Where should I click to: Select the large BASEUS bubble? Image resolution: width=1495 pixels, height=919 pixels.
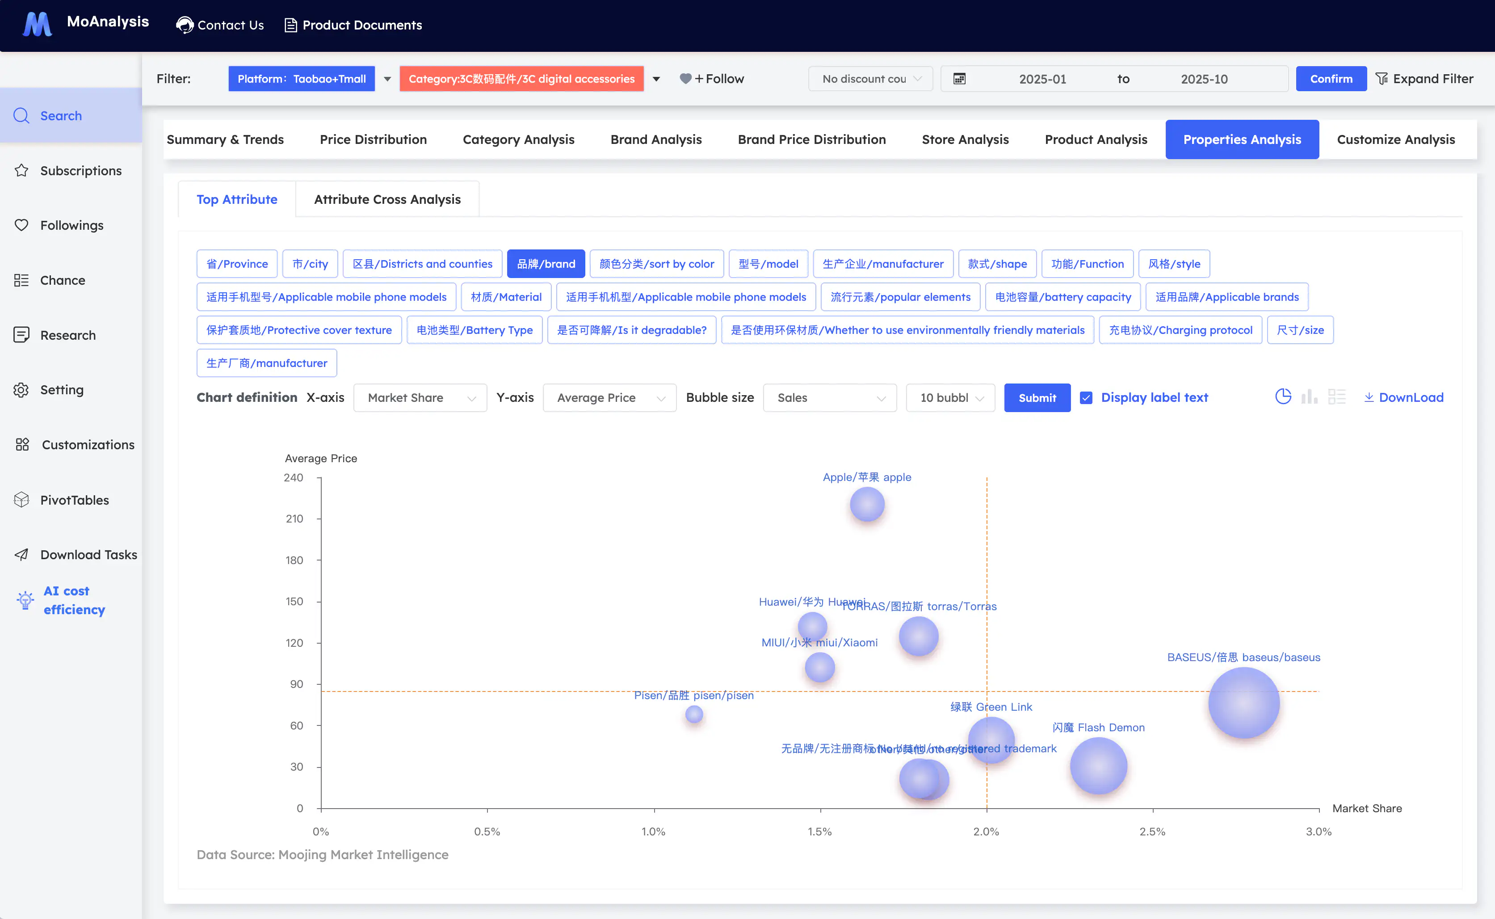1243,703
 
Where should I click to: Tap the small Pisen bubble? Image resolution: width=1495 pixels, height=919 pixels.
694,714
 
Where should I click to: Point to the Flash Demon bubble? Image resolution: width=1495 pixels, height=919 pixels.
1098,766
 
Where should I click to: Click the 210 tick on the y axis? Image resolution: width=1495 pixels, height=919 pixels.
294,519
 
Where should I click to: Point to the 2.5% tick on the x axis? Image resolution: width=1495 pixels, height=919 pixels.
1152,831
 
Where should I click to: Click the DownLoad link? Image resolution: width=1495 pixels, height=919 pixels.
1404,397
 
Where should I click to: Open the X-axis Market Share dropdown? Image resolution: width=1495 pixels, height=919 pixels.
420,397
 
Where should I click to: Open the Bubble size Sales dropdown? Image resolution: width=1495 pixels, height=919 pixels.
829,397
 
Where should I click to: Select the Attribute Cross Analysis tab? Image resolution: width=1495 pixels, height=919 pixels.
387,199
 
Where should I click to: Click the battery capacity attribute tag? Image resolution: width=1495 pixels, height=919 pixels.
1062,297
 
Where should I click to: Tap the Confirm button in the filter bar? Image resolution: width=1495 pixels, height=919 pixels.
1331,79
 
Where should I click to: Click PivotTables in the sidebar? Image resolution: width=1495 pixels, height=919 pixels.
74,500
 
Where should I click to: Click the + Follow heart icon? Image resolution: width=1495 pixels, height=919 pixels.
685,79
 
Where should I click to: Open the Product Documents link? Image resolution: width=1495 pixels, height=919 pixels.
353,25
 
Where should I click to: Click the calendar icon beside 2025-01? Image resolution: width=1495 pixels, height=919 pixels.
959,79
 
